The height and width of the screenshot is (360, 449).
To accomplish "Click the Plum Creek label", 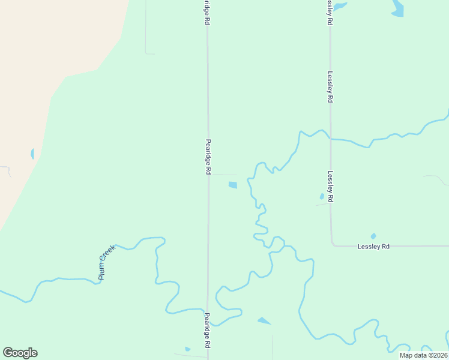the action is click(x=106, y=262).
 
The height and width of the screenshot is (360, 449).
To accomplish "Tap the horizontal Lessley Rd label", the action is click(x=373, y=247).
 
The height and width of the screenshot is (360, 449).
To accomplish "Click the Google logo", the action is click(x=20, y=353).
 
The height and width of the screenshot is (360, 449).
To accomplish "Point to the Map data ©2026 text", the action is click(x=423, y=355).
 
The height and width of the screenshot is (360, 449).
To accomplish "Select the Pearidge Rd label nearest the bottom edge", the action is click(x=207, y=330).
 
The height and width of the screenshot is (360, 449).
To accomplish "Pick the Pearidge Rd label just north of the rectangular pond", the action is click(x=208, y=157).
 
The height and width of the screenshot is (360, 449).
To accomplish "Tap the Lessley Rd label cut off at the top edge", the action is click(x=330, y=12).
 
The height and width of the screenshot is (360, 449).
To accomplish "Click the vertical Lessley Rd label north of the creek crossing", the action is click(x=330, y=88).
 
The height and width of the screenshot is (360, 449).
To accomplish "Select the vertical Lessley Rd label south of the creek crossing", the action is click(x=330, y=187).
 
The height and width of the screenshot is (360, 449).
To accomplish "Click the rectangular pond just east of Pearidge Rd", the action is click(x=232, y=185).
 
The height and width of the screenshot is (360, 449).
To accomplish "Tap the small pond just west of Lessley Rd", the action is click(x=322, y=196).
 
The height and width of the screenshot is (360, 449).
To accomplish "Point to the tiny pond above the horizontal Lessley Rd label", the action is click(x=373, y=236).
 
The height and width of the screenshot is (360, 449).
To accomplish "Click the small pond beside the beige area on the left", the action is click(x=32, y=154).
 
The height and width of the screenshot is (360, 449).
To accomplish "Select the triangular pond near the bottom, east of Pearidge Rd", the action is click(x=264, y=321).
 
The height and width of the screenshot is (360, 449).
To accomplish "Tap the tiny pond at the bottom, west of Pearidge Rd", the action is click(x=188, y=349).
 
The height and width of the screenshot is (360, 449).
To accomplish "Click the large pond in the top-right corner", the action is click(x=397, y=8).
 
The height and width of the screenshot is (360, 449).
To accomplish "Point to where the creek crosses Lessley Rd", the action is click(x=330, y=139).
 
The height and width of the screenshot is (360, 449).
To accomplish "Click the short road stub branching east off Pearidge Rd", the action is click(x=226, y=175).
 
